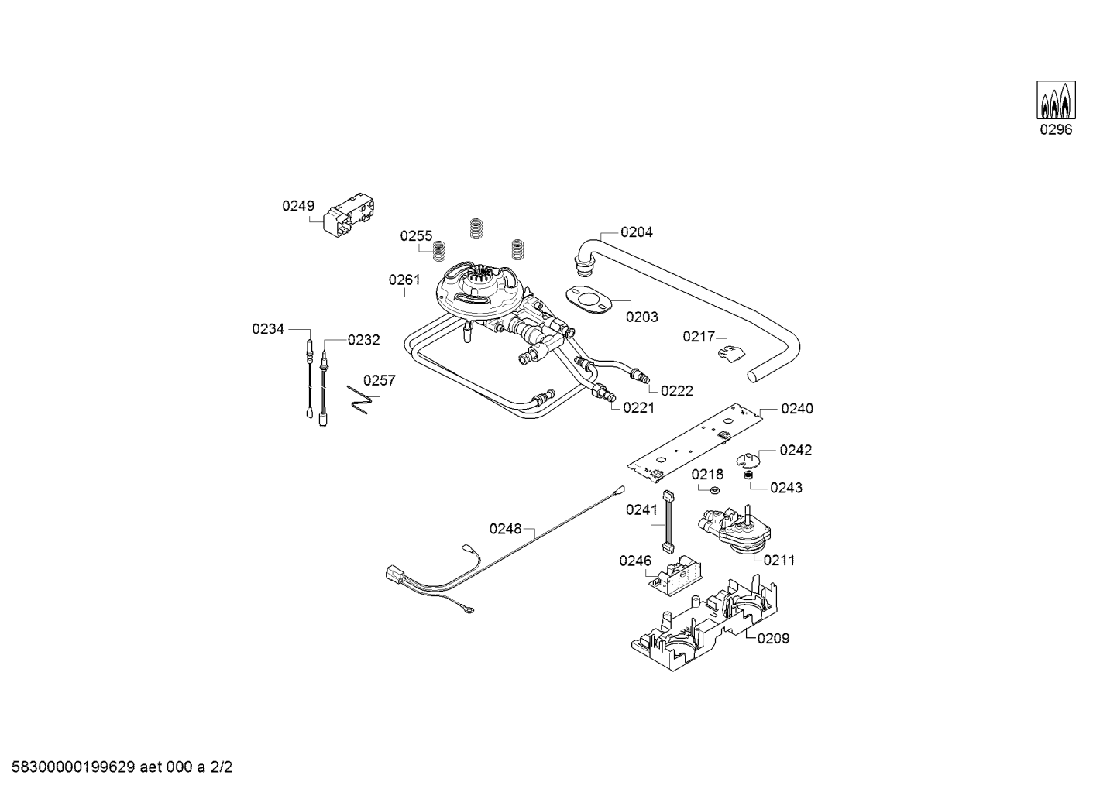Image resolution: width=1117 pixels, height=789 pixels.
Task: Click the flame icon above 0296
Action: point(1056,101)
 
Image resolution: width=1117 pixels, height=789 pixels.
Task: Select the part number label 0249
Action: point(298,206)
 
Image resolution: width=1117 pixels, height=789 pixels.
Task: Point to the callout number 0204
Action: point(636,232)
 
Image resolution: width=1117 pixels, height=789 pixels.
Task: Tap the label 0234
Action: point(268,329)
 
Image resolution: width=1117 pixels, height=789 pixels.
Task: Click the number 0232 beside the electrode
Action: point(363,339)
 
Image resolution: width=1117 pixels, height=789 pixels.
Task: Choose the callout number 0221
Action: point(638,407)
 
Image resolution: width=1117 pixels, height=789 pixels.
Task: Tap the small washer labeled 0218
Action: point(715,490)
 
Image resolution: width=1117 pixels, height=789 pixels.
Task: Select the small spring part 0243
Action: point(748,475)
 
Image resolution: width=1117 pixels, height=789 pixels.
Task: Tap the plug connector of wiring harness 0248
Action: point(395,575)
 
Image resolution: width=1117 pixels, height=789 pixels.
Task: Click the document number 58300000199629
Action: point(70,768)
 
